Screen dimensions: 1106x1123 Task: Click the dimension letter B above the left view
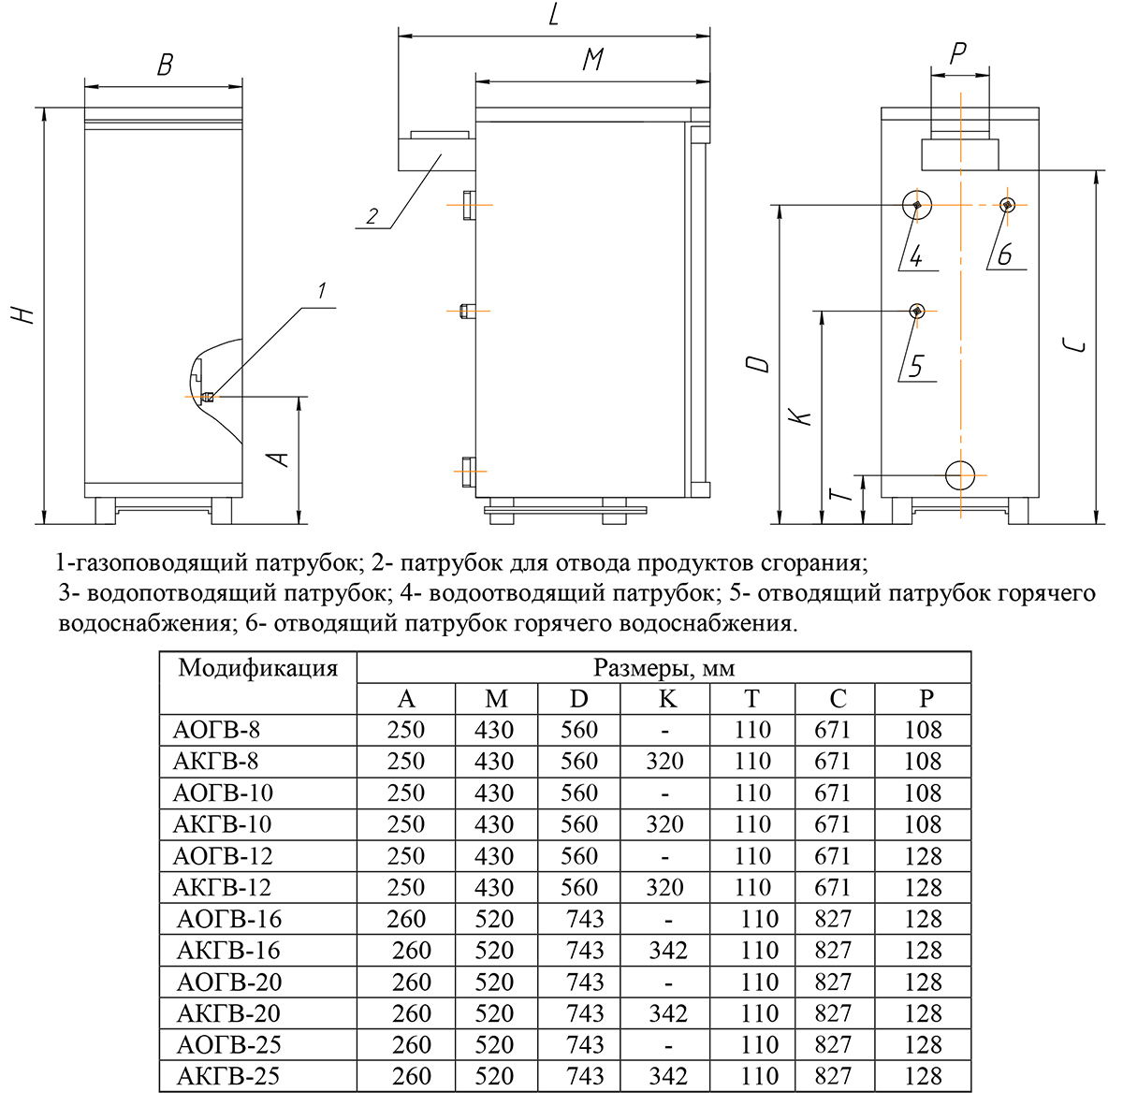[165, 65]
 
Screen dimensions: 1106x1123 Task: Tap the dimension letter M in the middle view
[592, 60]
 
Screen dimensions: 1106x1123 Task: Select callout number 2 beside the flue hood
[371, 216]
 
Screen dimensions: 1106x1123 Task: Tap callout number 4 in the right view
[917, 255]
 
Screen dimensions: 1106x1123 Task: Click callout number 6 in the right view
[1005, 254]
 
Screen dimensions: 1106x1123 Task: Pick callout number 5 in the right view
[916, 366]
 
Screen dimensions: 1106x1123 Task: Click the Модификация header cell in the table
[257, 668]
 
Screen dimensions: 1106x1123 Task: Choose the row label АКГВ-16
[228, 951]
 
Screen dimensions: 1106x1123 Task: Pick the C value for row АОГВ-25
[833, 1045]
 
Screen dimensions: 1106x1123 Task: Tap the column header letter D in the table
[579, 699]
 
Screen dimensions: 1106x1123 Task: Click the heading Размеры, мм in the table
[664, 668]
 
